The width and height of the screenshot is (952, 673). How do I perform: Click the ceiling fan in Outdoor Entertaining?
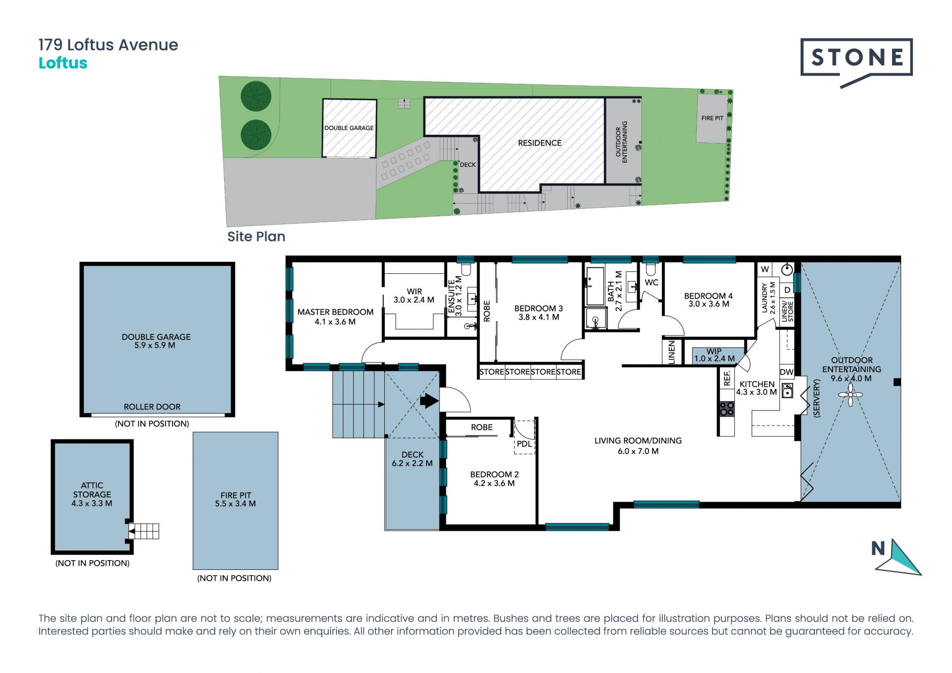point(850,395)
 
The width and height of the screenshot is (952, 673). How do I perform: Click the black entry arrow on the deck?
point(429,401)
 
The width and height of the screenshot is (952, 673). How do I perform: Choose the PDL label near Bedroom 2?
point(524,444)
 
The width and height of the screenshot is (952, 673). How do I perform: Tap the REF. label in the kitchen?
point(727,378)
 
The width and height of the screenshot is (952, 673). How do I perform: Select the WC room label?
point(652,283)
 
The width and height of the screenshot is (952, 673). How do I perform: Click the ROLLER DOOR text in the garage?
point(152,407)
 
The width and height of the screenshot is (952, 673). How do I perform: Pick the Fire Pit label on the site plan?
point(712,118)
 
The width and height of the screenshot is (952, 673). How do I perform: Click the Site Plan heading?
point(256,237)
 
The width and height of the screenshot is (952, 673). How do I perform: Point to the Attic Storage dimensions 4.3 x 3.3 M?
point(92,503)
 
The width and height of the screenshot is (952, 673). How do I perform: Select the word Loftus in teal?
point(63,63)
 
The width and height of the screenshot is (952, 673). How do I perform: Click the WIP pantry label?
point(714,351)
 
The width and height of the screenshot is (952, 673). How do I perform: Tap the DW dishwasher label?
point(787,372)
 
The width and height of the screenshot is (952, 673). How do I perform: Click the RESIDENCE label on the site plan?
point(539,143)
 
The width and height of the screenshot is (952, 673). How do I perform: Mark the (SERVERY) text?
point(817,398)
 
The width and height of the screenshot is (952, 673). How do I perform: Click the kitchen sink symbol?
point(787,390)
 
